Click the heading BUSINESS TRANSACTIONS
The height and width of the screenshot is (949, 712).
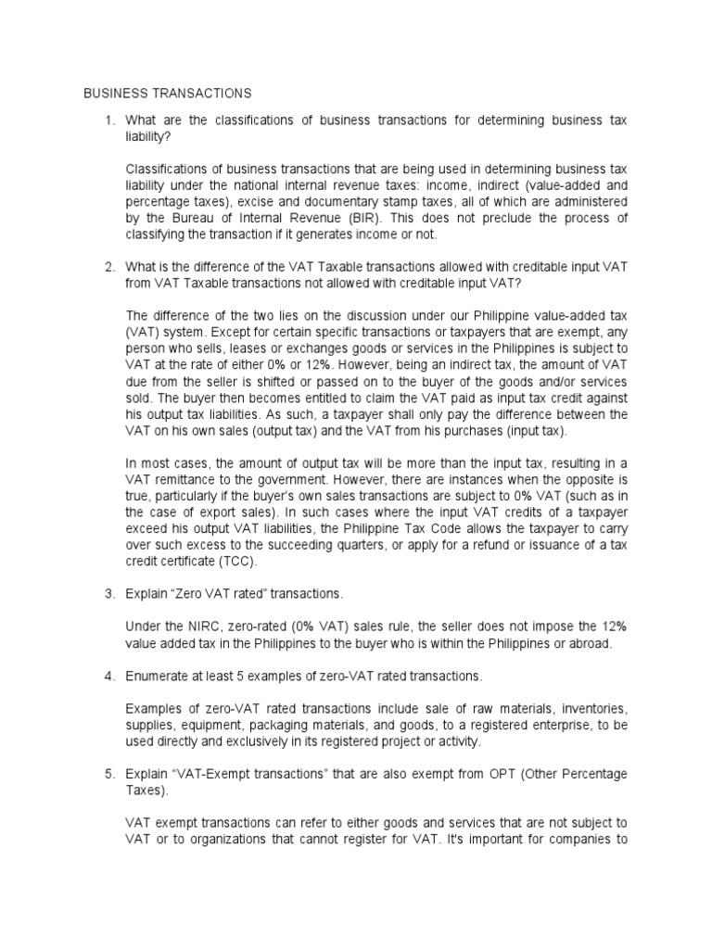pyautogui.click(x=168, y=94)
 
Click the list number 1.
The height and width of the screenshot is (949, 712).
pyautogui.click(x=108, y=120)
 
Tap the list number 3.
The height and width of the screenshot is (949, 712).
pyautogui.click(x=108, y=590)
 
